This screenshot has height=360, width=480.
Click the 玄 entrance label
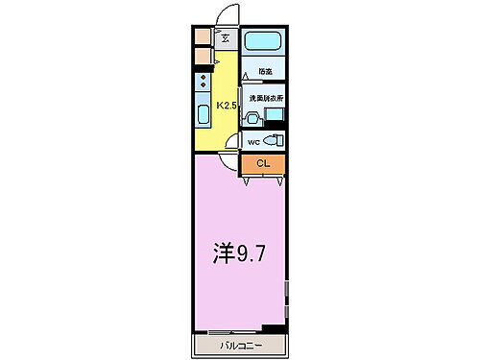point(225,39)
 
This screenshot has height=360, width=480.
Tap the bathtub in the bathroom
point(261,42)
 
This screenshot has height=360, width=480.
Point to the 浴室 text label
point(264,71)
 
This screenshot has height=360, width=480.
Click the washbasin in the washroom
point(252,119)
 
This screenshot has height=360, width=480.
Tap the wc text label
point(253,142)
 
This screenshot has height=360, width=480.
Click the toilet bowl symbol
point(273,141)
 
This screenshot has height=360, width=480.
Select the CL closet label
point(263,164)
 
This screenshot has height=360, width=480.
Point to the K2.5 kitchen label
point(227,106)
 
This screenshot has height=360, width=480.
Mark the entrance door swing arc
point(226,18)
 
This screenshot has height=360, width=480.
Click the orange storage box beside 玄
point(202,38)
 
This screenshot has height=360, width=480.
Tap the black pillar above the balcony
point(274,328)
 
